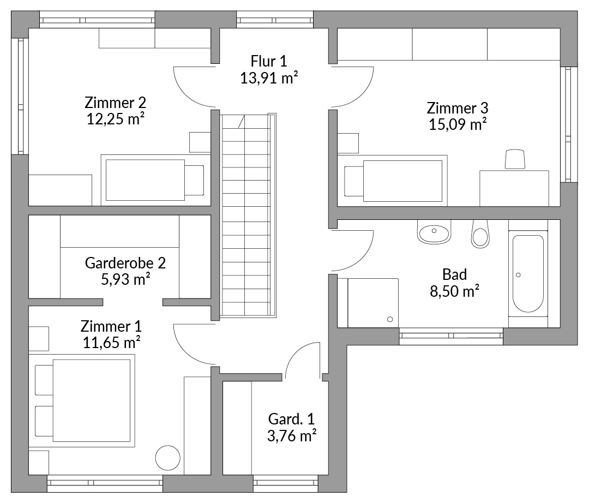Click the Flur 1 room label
click(268, 61)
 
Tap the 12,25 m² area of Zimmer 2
click(116, 119)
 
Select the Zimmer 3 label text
click(458, 108)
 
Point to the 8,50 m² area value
click(454, 291)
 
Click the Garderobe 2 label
click(125, 263)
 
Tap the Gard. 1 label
click(291, 419)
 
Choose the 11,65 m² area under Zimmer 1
click(112, 343)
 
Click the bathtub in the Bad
click(528, 274)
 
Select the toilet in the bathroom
click(480, 233)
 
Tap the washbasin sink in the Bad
click(434, 232)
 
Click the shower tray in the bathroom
click(373, 303)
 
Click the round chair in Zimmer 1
click(168, 458)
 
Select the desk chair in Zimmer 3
click(515, 159)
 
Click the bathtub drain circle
click(519, 275)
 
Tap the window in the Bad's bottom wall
click(451, 336)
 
